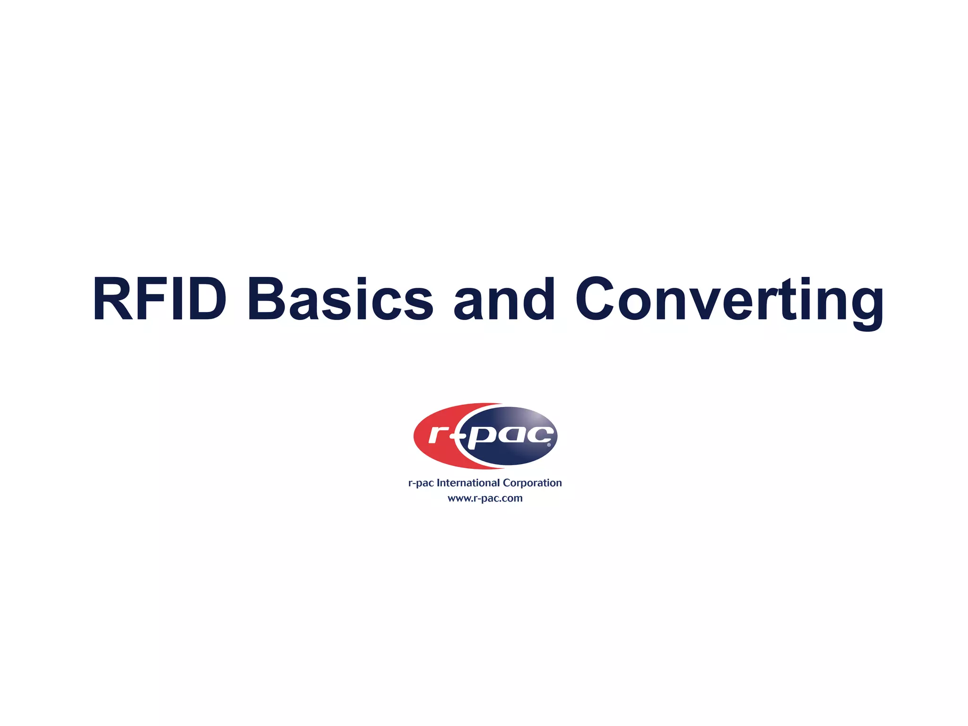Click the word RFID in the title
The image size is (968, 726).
tap(160, 299)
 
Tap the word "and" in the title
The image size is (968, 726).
tap(504, 299)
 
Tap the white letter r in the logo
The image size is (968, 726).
tap(438, 435)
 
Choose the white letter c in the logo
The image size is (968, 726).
tap(539, 434)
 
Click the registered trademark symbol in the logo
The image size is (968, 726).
tap(549, 445)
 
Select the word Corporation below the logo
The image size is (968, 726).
tap(532, 483)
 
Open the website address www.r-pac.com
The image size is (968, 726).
tap(485, 498)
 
